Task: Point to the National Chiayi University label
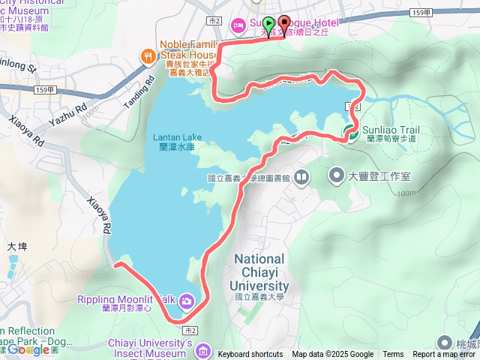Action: pyautogui.click(x=259, y=271)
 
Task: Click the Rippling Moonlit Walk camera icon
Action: pyautogui.click(x=186, y=301)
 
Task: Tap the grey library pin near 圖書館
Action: pyautogui.click(x=301, y=178)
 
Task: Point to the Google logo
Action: pyautogui.click(x=28, y=349)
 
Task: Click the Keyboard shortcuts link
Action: pyautogui.click(x=250, y=355)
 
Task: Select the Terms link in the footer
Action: pyautogui.click(x=393, y=355)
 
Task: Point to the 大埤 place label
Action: pyautogui.click(x=16, y=245)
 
